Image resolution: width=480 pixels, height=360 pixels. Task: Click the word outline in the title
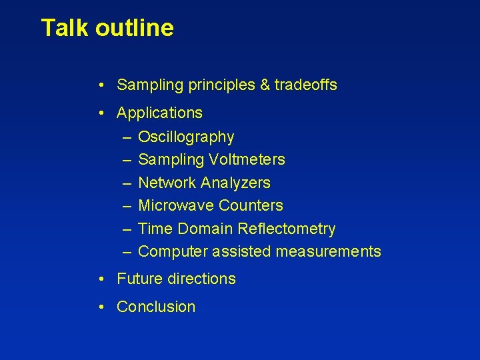[134, 28]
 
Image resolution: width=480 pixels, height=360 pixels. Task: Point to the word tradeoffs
[305, 85]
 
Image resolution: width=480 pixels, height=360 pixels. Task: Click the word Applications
[159, 113]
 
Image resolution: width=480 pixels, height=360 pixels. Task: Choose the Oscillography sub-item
[186, 137]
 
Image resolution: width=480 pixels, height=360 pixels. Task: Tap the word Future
[138, 279]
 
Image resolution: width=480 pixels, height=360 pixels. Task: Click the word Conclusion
[156, 307]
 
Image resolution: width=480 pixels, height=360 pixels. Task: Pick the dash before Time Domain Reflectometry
[127, 229]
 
